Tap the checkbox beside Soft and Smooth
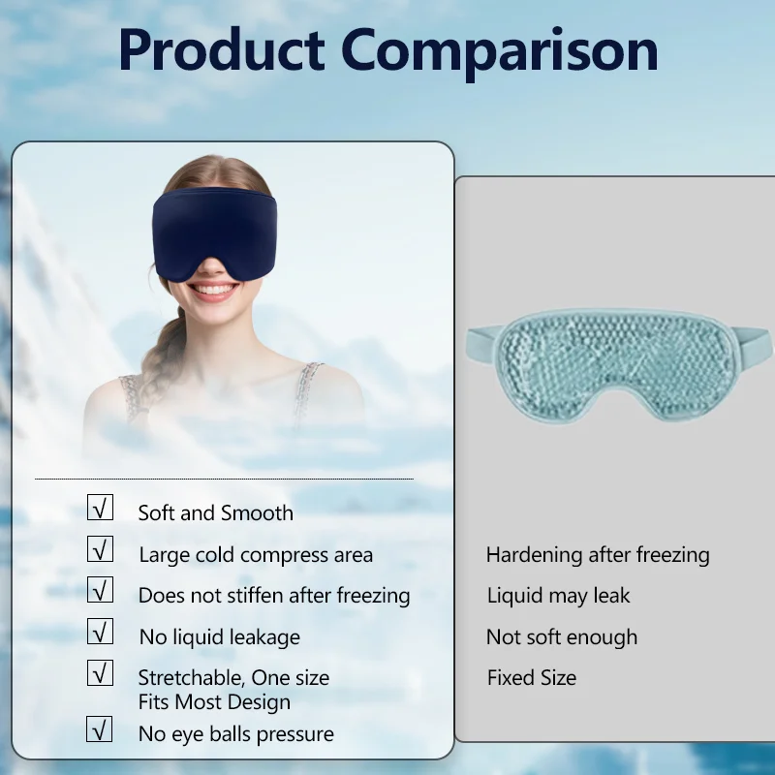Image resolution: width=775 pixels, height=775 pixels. point(100,508)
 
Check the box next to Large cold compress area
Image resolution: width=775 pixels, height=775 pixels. point(100,548)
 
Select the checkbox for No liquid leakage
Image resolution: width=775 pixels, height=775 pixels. point(100,632)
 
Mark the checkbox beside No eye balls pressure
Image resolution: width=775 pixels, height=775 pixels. point(100,728)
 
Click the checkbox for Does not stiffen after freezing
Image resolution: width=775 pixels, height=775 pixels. point(100,589)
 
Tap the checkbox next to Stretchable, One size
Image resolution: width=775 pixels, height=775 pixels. point(100,672)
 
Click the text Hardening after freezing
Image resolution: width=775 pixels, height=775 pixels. point(598,555)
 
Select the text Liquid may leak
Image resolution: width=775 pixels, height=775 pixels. point(558,596)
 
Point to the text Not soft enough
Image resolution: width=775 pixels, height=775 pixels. point(562,637)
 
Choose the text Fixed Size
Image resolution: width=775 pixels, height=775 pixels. point(532,678)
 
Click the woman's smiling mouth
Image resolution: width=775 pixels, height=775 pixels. point(213,290)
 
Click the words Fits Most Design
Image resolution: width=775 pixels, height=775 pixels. point(214,702)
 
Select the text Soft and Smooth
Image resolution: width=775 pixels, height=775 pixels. point(215,513)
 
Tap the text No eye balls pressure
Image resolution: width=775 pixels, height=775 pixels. point(235,734)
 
